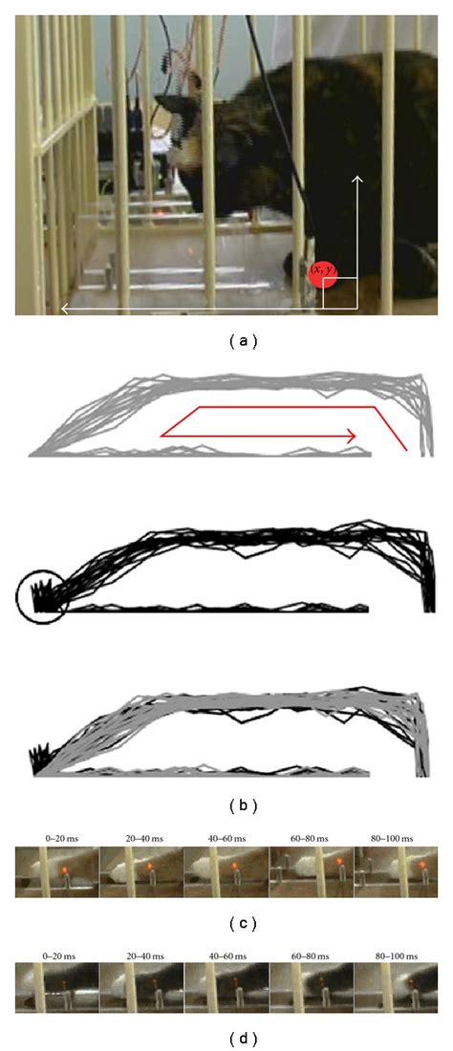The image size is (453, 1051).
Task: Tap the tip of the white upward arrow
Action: [x=359, y=177]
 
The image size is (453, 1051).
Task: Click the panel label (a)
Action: [x=226, y=339]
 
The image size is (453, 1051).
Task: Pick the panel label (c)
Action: [x=226, y=924]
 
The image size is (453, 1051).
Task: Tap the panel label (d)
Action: [x=226, y=1035]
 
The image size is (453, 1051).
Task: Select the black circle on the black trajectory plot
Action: [x=41, y=596]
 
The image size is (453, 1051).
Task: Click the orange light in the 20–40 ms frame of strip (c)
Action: [x=150, y=868]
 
